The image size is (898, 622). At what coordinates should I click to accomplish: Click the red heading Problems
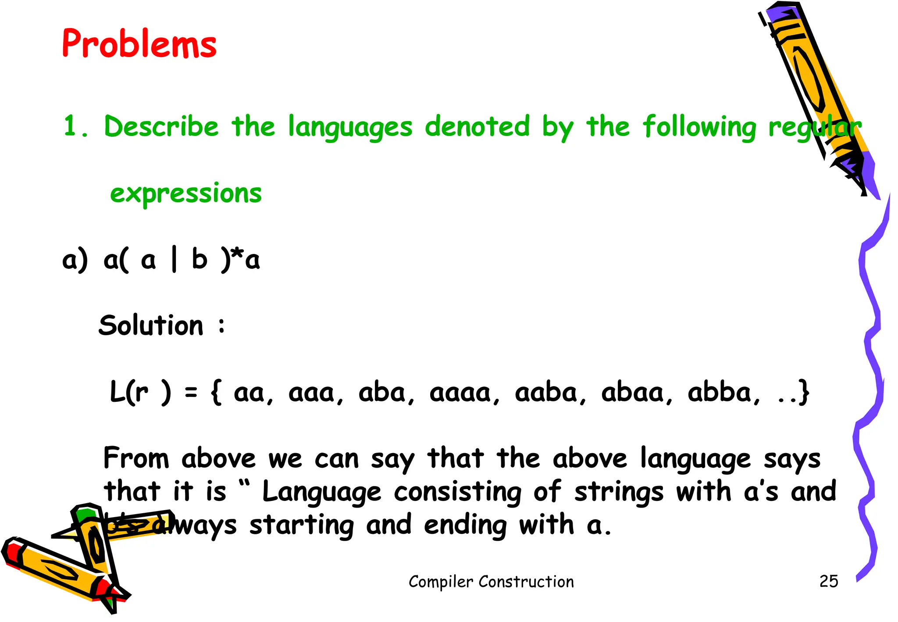[139, 44]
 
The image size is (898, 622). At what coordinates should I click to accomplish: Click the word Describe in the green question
[161, 127]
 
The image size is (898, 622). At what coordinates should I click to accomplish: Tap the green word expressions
[185, 193]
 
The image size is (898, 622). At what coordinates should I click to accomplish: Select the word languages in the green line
[350, 128]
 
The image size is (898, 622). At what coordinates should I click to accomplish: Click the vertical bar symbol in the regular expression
[174, 260]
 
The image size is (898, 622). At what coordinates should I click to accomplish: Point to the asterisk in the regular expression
[237, 254]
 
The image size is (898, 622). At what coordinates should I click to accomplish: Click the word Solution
[151, 325]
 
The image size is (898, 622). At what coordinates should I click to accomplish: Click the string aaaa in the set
[460, 393]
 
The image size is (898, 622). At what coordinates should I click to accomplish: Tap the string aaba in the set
[545, 393]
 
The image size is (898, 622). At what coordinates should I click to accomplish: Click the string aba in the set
[381, 393]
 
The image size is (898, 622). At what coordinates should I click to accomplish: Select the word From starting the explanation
[136, 458]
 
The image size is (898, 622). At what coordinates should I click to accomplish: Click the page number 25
[828, 581]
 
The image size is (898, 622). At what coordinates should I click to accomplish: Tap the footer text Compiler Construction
[491, 582]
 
